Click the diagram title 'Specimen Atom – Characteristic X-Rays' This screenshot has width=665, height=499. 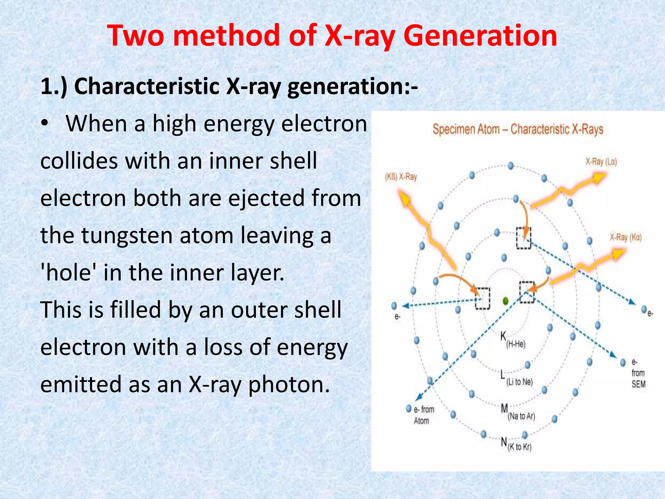[518, 129]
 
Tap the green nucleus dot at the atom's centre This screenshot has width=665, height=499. [505, 301]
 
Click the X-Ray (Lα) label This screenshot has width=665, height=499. [601, 162]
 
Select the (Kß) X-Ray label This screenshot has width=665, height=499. [401, 177]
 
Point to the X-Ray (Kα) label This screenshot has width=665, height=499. [625, 237]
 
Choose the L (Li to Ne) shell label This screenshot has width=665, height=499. [516, 378]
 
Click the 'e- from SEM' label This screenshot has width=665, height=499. [638, 373]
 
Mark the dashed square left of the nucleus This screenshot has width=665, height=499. [483, 298]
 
